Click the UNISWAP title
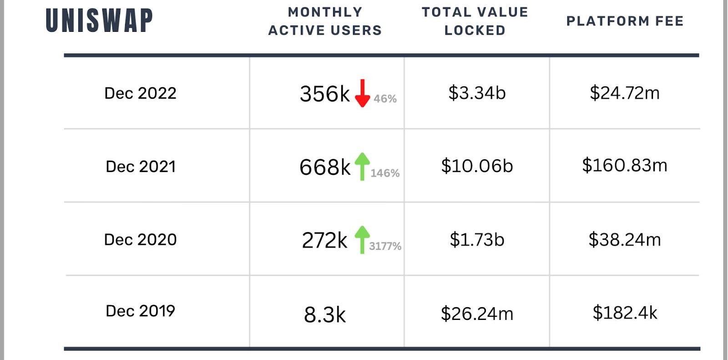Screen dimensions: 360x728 point(99,21)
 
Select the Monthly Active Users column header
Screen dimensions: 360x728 point(325,21)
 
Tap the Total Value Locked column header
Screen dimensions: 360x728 point(475,21)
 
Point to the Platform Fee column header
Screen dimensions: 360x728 point(625,21)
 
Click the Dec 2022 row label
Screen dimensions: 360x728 point(140,93)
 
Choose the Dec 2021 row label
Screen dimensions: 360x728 point(141,167)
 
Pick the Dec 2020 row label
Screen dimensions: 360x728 point(140,240)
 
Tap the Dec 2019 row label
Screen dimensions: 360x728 point(140,311)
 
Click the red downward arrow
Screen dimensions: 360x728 point(362,93)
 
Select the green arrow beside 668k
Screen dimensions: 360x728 point(362,166)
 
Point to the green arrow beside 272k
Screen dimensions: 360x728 point(362,239)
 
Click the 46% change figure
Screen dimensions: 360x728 point(385,99)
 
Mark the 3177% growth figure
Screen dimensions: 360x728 point(385,246)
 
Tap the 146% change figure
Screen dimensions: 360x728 point(385,173)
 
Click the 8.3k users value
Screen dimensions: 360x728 point(324,314)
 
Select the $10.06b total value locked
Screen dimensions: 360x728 point(477,166)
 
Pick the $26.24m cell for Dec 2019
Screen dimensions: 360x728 point(477,314)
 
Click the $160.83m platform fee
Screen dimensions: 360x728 point(624,165)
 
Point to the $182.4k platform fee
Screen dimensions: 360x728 point(625,313)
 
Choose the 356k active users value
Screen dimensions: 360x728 point(324,94)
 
